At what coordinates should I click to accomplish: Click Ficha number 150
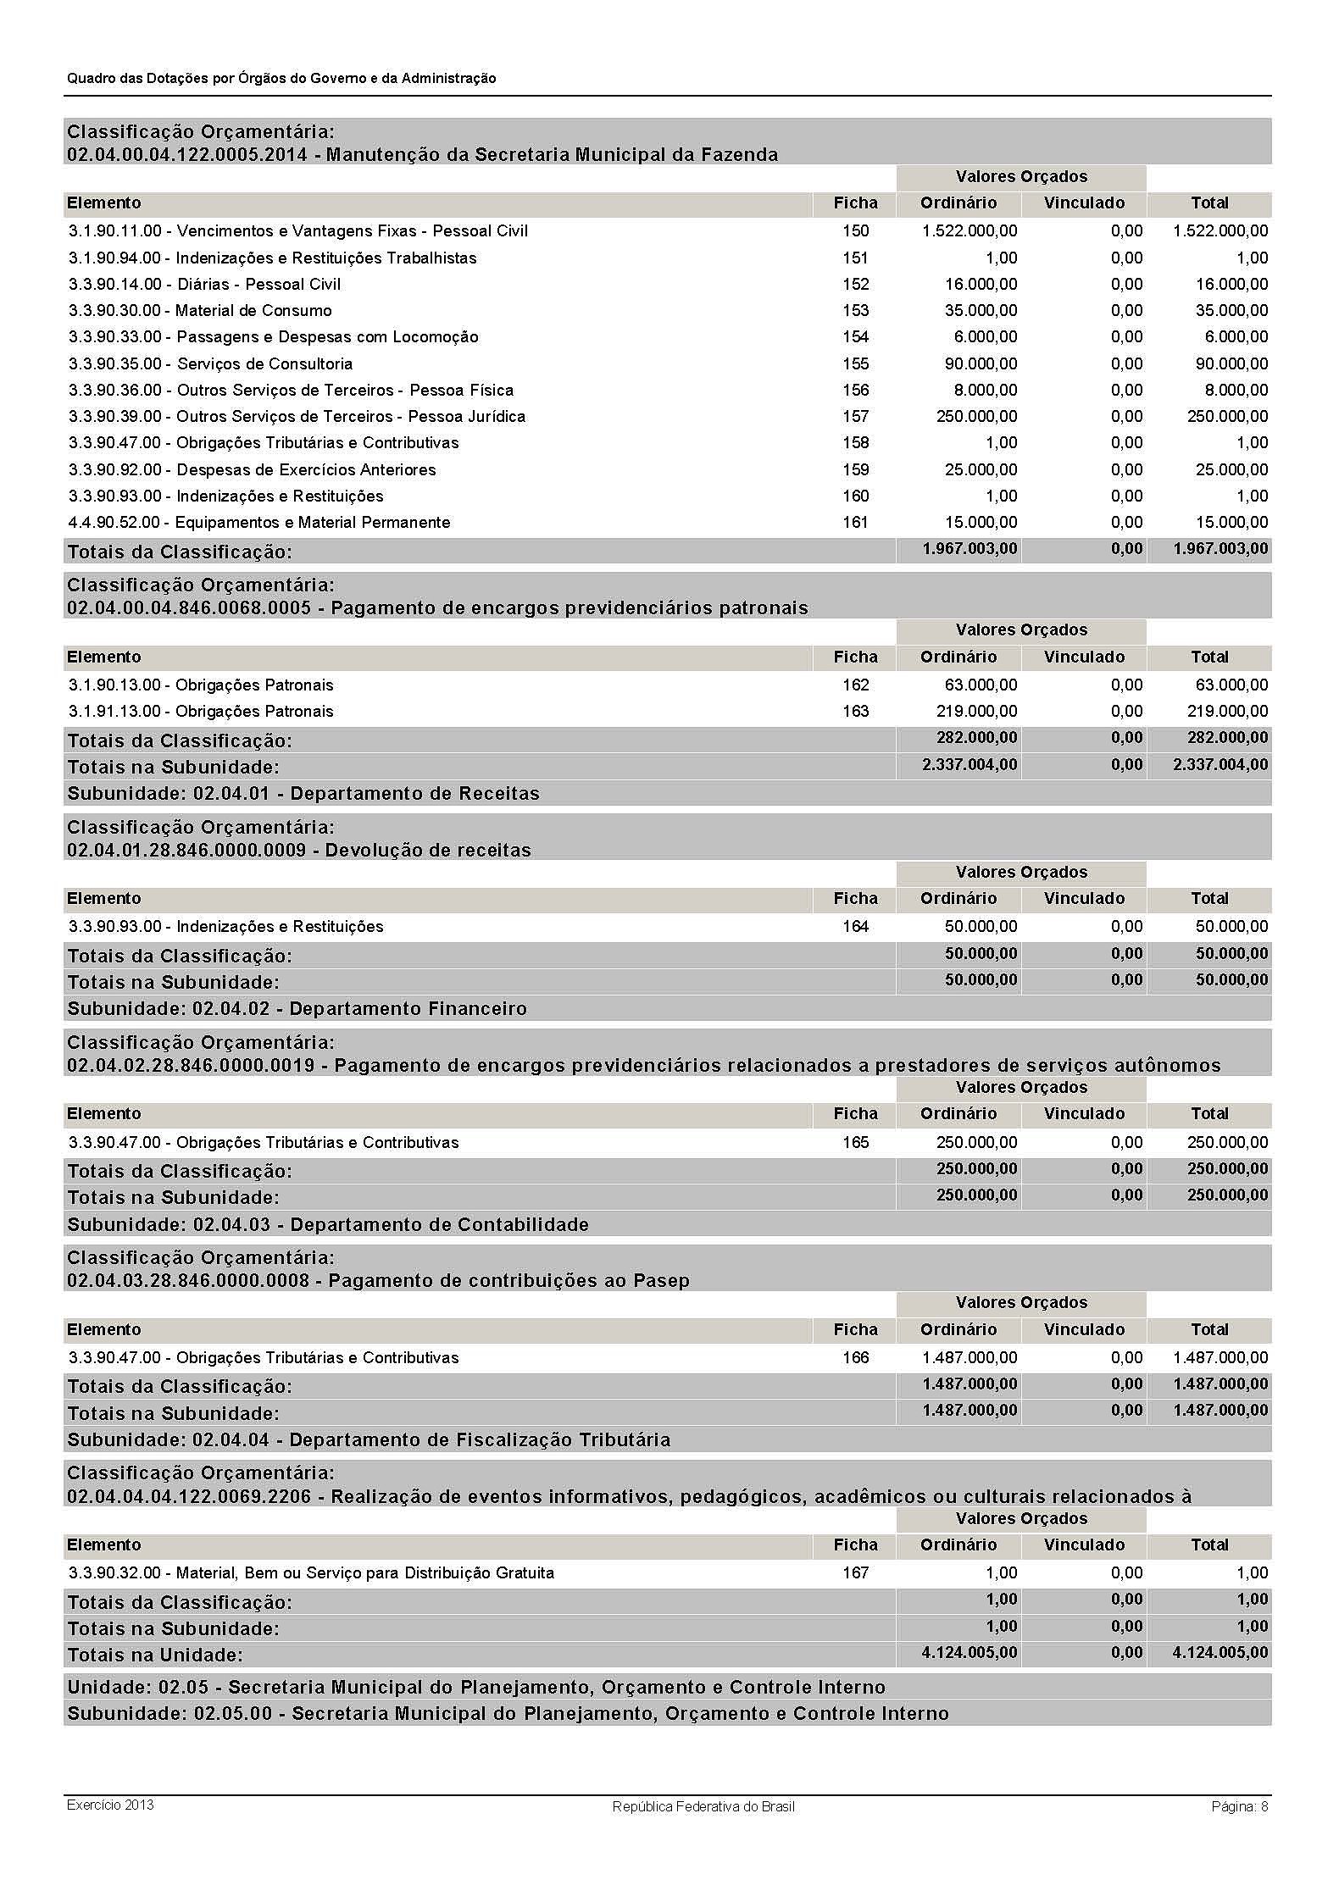tap(855, 230)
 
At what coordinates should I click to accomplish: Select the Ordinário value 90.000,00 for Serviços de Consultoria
tap(981, 363)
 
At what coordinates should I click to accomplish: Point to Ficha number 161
tap(855, 522)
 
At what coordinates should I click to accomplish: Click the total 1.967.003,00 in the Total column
tap(1220, 549)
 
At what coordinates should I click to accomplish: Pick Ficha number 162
tap(855, 685)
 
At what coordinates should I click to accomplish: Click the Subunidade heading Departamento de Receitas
tap(303, 794)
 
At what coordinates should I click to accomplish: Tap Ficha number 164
tap(855, 926)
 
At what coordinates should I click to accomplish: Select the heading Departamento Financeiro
tap(297, 1009)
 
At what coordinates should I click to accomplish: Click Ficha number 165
tap(855, 1142)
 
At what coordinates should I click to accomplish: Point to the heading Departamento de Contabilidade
tap(328, 1224)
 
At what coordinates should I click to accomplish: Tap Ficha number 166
tap(855, 1357)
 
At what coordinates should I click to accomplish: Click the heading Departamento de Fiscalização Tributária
tap(369, 1439)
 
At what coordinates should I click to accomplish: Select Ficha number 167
tap(855, 1572)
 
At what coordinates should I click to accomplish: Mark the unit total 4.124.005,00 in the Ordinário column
tap(970, 1652)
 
